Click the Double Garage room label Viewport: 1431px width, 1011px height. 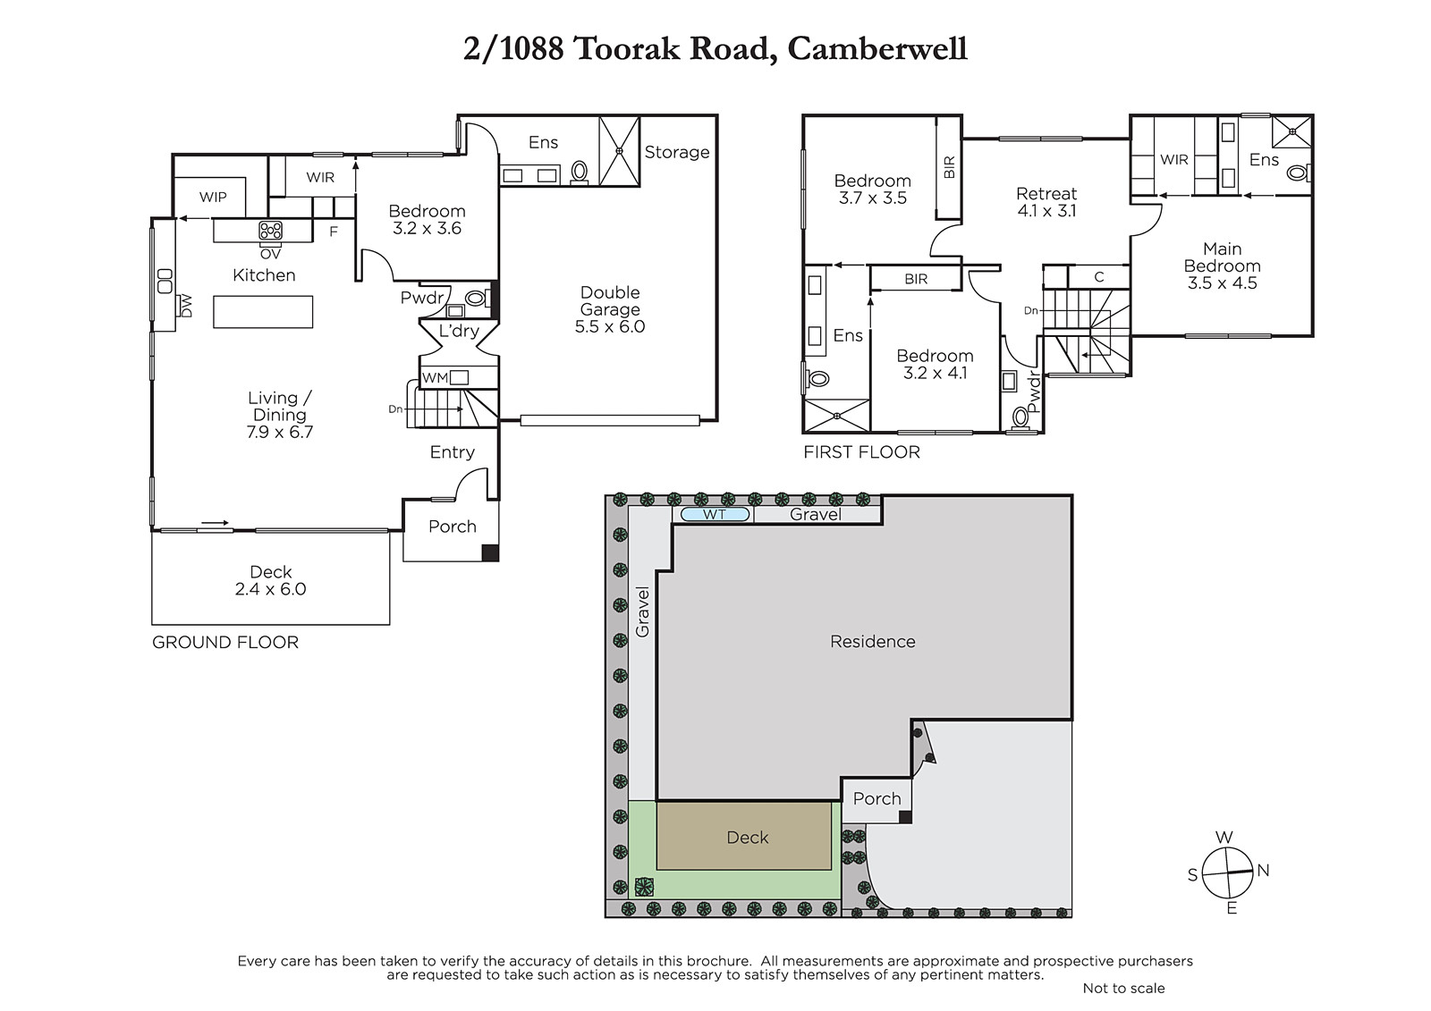(609, 310)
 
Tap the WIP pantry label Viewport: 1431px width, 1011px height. (213, 198)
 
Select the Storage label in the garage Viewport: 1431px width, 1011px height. (676, 152)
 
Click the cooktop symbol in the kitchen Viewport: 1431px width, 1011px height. (270, 230)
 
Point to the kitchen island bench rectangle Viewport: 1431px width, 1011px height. (263, 312)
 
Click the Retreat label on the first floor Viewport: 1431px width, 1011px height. (1046, 193)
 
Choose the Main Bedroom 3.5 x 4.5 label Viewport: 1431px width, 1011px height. (1222, 265)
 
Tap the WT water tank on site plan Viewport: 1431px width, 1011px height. (715, 514)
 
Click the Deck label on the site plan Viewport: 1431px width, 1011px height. (748, 838)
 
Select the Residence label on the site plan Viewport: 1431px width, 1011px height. (873, 641)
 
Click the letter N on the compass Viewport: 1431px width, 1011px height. (1263, 870)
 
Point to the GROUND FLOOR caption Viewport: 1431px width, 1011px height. (224, 642)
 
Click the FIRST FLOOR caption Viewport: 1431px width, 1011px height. (862, 452)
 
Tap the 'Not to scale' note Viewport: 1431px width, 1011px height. (1123, 988)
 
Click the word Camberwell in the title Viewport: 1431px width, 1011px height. (877, 49)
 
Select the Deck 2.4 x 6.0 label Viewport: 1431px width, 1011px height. (271, 580)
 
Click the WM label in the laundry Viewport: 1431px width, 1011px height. (435, 378)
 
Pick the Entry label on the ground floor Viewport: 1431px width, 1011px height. (453, 452)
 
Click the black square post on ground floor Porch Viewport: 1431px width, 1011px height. (490, 553)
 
